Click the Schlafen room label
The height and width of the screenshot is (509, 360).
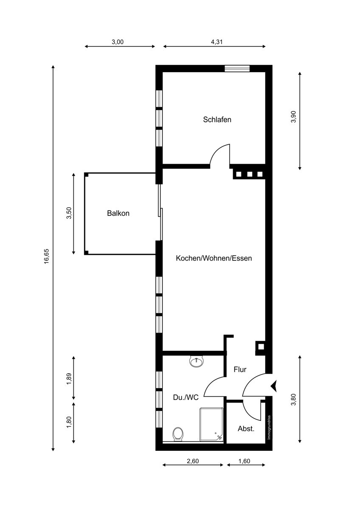click(x=217, y=120)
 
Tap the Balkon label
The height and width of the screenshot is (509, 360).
click(x=118, y=213)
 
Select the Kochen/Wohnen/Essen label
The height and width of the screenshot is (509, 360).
click(x=214, y=258)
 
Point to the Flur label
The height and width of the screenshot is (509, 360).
click(x=240, y=369)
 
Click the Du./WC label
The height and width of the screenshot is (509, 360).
click(x=186, y=397)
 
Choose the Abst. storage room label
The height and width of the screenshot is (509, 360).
click(x=246, y=429)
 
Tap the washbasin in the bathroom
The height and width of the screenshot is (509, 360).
click(x=197, y=361)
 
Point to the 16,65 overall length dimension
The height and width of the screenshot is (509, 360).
click(x=46, y=256)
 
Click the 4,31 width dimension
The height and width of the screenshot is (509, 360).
click(x=217, y=42)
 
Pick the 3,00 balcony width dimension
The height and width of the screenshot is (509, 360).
click(x=118, y=42)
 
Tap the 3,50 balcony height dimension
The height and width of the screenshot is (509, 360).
click(x=69, y=213)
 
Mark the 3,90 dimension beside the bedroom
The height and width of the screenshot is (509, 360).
click(x=294, y=117)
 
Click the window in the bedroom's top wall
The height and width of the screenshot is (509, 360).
click(x=237, y=68)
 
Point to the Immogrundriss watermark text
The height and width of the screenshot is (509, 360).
click(x=269, y=428)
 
